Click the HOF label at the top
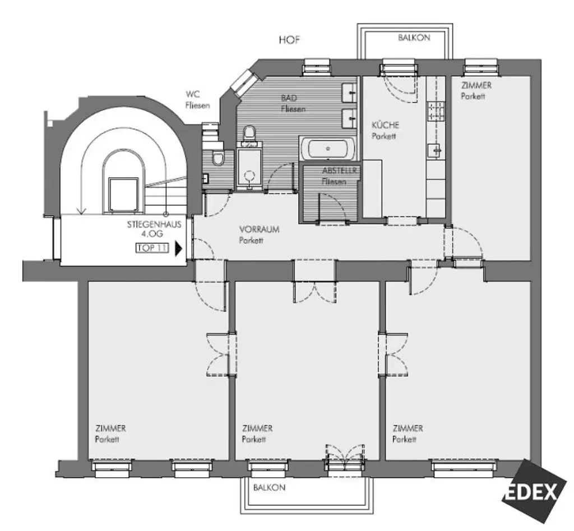(289, 40)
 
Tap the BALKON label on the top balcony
(414, 38)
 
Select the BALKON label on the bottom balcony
(269, 487)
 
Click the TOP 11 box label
(152, 248)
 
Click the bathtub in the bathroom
(328, 149)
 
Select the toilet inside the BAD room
(249, 135)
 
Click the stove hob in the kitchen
(436, 112)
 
